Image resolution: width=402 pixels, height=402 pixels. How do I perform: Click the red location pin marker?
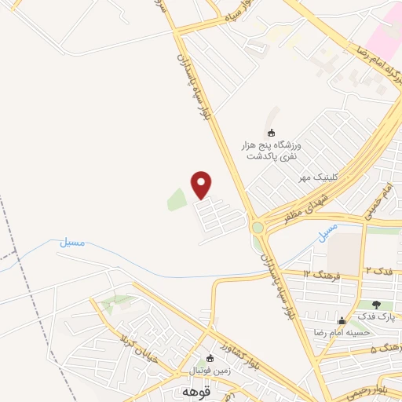pos(202,185)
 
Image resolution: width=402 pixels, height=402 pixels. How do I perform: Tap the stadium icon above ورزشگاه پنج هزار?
pos(272,133)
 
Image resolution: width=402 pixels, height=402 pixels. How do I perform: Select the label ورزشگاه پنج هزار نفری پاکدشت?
pos(271,151)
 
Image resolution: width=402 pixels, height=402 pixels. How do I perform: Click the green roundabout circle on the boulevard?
pos(258,228)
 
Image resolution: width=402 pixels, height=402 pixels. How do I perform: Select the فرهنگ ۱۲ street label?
pos(322,273)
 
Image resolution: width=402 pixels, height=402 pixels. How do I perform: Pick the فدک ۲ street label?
pos(378,270)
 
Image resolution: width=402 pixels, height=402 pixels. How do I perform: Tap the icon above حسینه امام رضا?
pos(341,320)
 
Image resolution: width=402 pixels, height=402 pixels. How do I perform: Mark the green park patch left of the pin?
pos(177,200)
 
